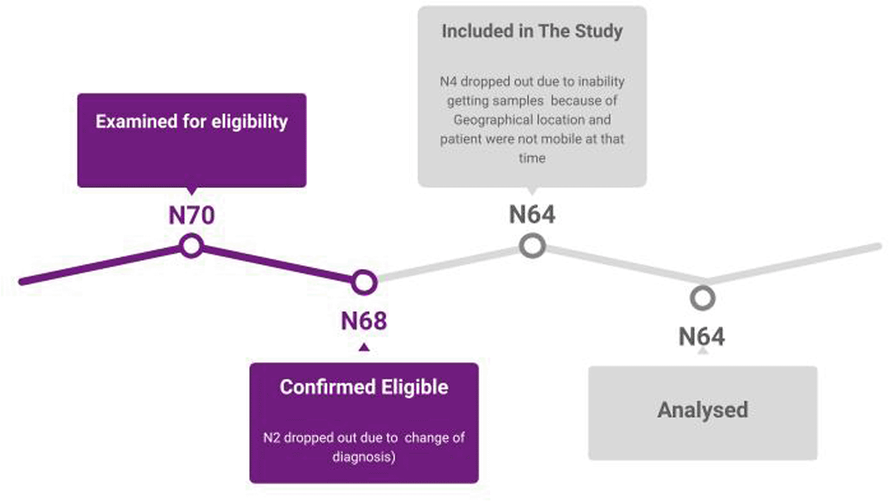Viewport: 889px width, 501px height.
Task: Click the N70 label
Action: pos(191,215)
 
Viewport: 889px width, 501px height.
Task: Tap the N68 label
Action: pos(363,321)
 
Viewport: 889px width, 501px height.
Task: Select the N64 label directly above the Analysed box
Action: pos(702,337)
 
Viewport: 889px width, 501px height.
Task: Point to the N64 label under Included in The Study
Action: pos(532,215)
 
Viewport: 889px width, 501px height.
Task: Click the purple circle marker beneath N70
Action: pos(191,246)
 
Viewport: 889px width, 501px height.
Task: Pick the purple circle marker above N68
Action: pos(364,283)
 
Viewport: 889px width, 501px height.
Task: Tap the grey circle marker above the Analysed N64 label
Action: pos(702,298)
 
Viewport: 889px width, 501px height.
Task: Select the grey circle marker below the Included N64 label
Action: pos(532,246)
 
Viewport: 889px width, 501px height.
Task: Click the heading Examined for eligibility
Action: pos(191,122)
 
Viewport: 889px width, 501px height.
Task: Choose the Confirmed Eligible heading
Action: pos(364,387)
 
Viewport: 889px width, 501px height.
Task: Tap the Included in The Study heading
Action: pos(532,31)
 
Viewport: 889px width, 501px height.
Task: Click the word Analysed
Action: pos(702,410)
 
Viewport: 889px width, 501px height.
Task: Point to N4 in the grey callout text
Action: pos(448,82)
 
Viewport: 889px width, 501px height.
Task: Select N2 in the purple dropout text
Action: pos(272,438)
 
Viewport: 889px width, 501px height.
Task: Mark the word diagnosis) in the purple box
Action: pos(364,457)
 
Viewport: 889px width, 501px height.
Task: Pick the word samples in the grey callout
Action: pos(519,101)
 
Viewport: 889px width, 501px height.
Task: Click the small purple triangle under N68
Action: pos(364,348)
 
